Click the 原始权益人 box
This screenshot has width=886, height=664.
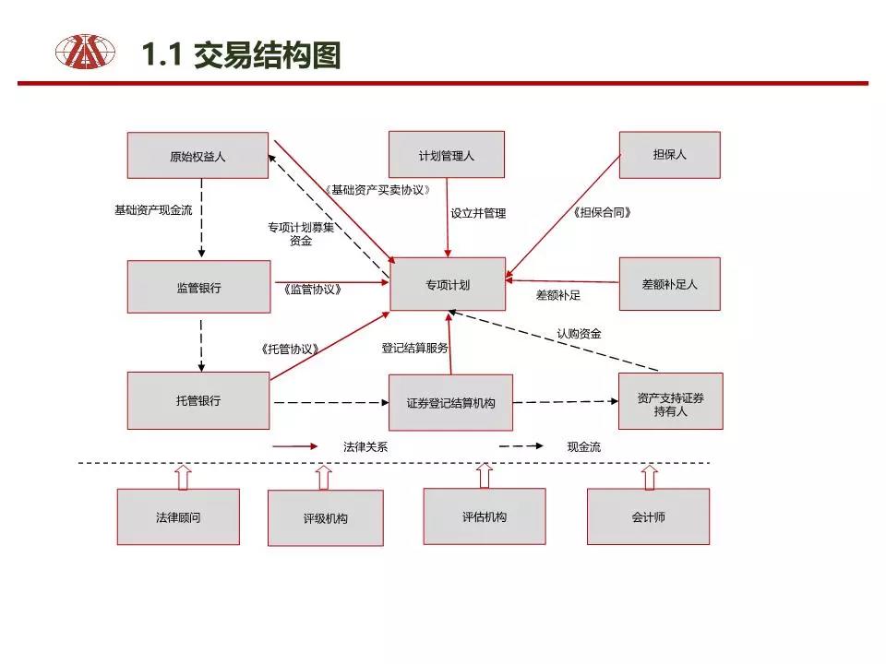pos(198,155)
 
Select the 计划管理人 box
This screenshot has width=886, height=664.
pos(447,155)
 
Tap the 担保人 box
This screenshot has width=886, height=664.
pos(670,155)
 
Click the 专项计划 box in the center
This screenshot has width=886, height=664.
pos(448,284)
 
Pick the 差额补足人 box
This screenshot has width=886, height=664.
pos(670,284)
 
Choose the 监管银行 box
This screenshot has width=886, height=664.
pos(199,287)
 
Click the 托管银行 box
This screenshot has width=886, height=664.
pos(198,400)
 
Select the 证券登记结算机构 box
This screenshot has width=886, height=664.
pos(451,403)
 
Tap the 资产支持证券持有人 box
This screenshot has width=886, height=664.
pos(671,401)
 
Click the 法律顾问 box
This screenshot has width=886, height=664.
pos(178,516)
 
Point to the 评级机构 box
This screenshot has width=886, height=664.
pos(326,517)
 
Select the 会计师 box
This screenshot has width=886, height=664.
pos(648,516)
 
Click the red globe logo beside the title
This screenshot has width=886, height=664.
pos(85,52)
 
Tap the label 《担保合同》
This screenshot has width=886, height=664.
pos(602,212)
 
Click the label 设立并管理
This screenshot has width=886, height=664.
pos(478,213)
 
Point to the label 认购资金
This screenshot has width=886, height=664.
pos(579,334)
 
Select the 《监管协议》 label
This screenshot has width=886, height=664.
pos(313,290)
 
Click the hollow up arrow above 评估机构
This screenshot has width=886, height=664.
pos(485,476)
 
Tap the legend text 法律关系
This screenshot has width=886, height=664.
pos(365,446)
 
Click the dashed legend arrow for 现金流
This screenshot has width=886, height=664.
pos(521,446)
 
